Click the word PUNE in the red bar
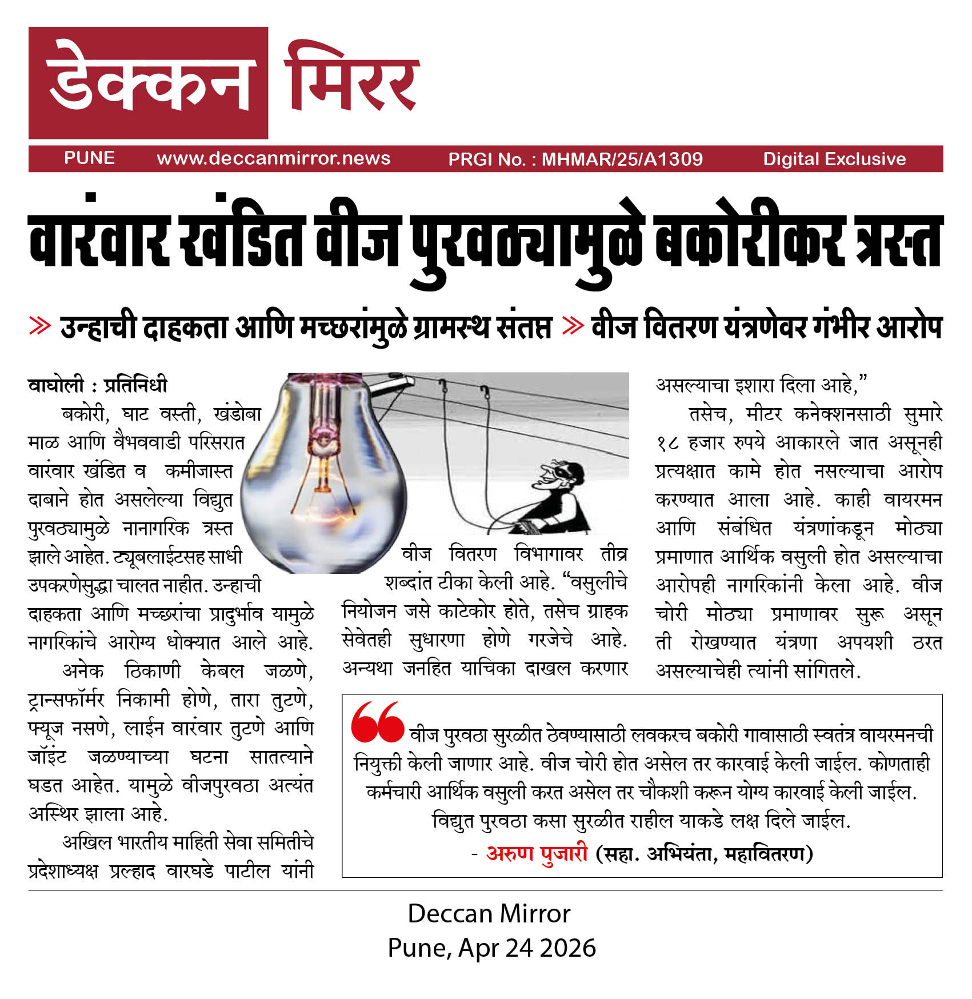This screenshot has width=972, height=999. point(89,158)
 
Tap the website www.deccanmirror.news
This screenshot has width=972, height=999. point(273,158)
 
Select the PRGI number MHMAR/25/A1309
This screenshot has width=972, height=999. point(622,159)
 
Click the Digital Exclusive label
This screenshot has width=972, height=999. point(834,159)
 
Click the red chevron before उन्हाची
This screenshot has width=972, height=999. point(40,326)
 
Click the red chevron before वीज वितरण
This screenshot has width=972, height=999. point(573,326)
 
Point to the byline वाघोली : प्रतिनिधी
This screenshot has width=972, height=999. point(98,385)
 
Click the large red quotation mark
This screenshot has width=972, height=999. point(377,722)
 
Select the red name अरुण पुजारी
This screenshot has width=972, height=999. point(537,853)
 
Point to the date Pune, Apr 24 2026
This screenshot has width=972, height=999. point(491,948)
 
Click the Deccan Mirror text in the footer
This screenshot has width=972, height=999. point(489,914)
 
